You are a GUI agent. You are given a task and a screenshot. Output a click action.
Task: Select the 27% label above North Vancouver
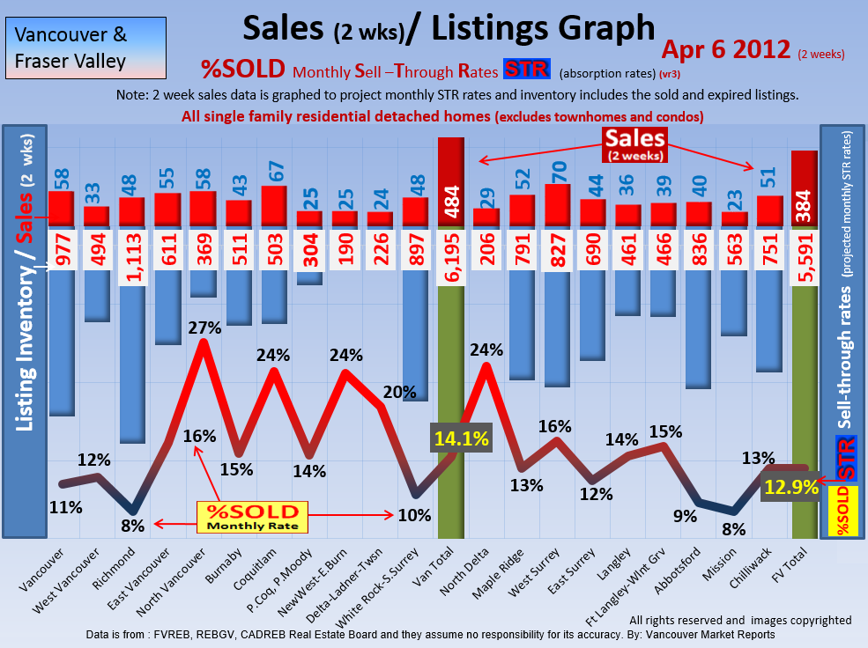(x=204, y=328)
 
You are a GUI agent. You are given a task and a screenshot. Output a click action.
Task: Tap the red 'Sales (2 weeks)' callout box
(x=634, y=144)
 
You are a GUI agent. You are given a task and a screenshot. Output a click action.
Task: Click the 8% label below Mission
(x=734, y=530)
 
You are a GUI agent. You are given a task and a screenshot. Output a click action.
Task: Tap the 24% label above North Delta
(x=486, y=350)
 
